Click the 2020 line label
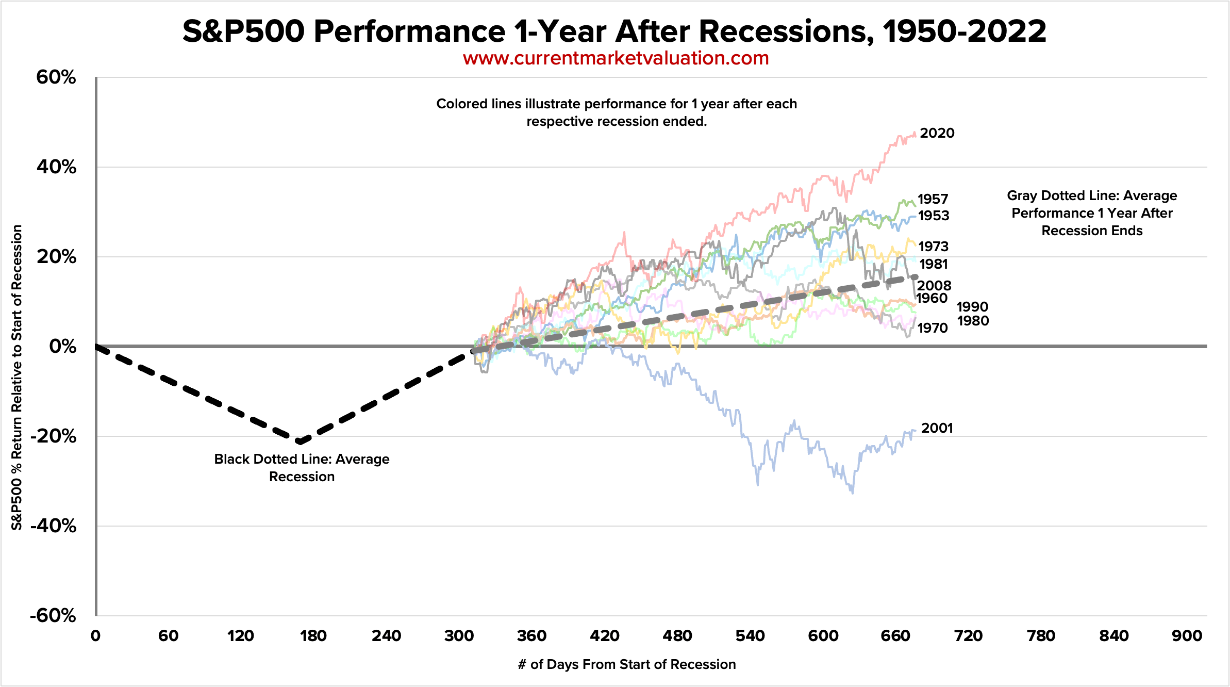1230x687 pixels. click(937, 133)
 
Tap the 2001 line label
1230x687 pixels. click(937, 428)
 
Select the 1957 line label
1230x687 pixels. click(933, 199)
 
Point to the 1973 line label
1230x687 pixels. click(933, 247)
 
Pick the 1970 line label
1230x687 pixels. click(933, 328)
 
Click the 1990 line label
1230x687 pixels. click(972, 307)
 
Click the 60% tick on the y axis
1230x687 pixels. click(56, 77)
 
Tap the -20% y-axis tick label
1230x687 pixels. click(53, 436)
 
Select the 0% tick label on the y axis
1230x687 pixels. click(62, 347)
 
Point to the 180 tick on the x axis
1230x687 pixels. click(313, 636)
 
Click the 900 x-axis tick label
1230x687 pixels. click(1187, 636)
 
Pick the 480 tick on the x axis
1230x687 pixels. click(677, 636)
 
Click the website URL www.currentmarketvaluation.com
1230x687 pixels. click(616, 58)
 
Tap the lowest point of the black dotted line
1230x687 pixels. click(299, 441)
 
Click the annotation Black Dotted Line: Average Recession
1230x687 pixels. click(302, 467)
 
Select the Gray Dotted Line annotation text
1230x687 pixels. click(1092, 213)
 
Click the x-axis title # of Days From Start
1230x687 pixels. click(626, 664)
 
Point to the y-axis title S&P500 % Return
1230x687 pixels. click(17, 377)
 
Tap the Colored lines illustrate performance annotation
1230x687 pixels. click(617, 112)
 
